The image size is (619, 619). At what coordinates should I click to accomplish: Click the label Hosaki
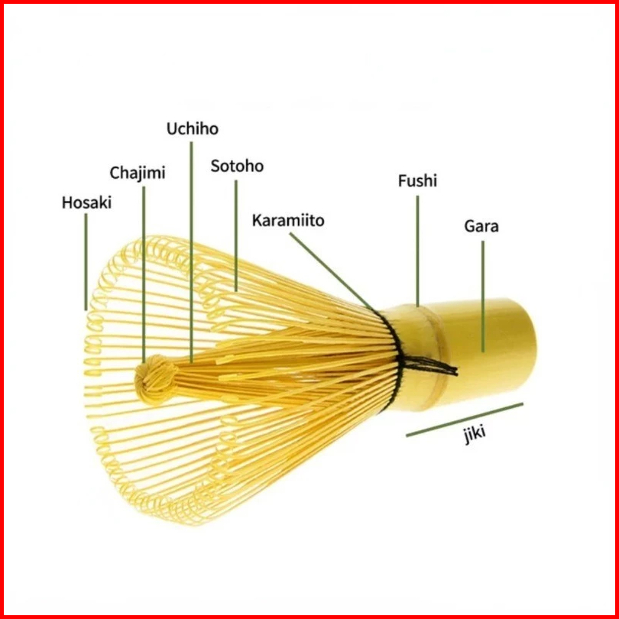pyautogui.click(x=86, y=203)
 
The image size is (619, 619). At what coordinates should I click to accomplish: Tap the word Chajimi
pyautogui.click(x=138, y=173)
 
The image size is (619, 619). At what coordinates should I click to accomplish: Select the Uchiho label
pyautogui.click(x=192, y=128)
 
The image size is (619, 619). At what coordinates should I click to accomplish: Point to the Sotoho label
pyautogui.click(x=237, y=166)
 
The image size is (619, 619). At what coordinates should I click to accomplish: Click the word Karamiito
pyautogui.click(x=288, y=221)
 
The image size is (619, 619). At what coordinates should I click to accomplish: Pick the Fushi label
pyautogui.click(x=417, y=181)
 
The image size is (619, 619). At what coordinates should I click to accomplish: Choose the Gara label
pyautogui.click(x=481, y=226)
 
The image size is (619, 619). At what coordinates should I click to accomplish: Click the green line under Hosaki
pyautogui.click(x=86, y=260)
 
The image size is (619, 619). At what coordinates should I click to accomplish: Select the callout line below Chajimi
pyautogui.click(x=144, y=267)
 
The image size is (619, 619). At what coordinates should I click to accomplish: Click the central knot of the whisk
pyautogui.click(x=157, y=376)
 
